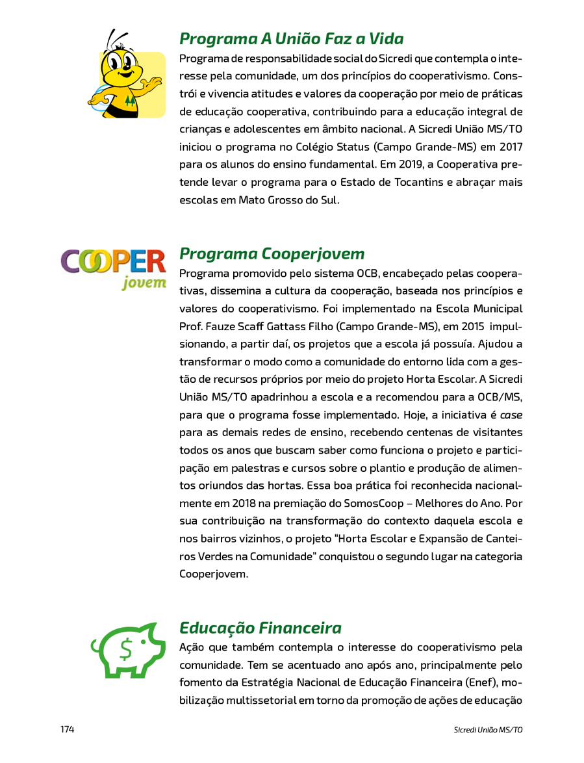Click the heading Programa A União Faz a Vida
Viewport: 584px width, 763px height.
click(292, 39)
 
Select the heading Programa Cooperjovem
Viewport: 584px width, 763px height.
click(272, 253)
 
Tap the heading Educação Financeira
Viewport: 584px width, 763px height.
click(260, 628)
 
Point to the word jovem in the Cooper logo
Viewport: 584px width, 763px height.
click(144, 283)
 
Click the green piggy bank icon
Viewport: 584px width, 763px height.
click(127, 649)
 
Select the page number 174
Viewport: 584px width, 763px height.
click(68, 730)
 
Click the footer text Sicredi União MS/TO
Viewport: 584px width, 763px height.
click(488, 730)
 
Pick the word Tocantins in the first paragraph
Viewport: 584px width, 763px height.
click(417, 182)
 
